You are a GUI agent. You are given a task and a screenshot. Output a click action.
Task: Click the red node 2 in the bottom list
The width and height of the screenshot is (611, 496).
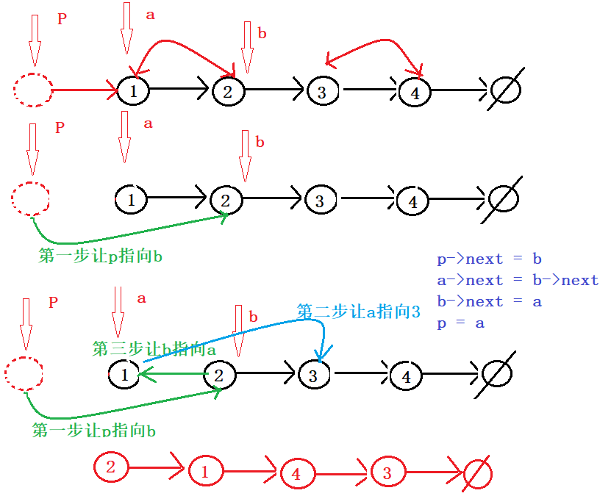click(x=110, y=467)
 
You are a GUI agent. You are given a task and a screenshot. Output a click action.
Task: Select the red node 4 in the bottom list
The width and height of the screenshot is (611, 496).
click(x=296, y=474)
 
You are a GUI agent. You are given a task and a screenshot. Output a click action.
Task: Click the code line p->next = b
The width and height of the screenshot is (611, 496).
click(x=489, y=259)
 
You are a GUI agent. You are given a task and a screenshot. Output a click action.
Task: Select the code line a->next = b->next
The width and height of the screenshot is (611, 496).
click(x=518, y=280)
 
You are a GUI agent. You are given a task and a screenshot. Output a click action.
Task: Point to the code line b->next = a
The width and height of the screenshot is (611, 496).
click(x=489, y=301)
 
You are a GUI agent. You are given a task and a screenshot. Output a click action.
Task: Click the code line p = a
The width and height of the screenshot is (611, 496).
click(x=460, y=323)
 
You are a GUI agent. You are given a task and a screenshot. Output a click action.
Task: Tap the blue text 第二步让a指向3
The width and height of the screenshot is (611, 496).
click(x=358, y=312)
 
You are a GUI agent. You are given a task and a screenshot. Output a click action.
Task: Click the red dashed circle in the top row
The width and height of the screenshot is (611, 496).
click(x=33, y=90)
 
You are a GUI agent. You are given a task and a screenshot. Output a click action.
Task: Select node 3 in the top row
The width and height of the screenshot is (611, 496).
click(x=321, y=92)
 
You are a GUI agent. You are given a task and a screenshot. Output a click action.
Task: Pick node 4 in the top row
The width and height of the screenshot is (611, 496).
click(x=415, y=93)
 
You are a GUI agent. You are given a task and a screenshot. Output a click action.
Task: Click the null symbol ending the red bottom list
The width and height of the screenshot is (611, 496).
click(x=478, y=472)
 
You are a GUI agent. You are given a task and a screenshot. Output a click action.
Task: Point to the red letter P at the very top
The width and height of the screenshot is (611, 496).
click(x=62, y=19)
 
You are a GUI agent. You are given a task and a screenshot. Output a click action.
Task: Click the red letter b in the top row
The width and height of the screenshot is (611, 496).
click(x=262, y=33)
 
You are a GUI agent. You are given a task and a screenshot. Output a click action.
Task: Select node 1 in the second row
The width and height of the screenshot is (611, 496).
click(x=131, y=198)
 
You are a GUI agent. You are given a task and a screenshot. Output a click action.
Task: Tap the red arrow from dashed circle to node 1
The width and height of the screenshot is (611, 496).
click(x=85, y=90)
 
